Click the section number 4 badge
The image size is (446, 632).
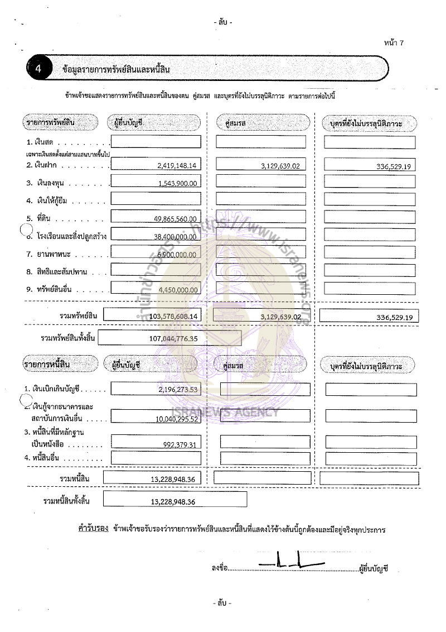(37, 69)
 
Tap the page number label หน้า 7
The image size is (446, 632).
(394, 43)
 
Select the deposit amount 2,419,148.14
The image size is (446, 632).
(177, 166)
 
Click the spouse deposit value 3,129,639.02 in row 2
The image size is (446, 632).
(280, 166)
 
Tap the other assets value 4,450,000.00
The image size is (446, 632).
(178, 290)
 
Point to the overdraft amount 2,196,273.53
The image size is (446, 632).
(178, 390)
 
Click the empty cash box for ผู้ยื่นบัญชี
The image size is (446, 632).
(156, 142)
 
